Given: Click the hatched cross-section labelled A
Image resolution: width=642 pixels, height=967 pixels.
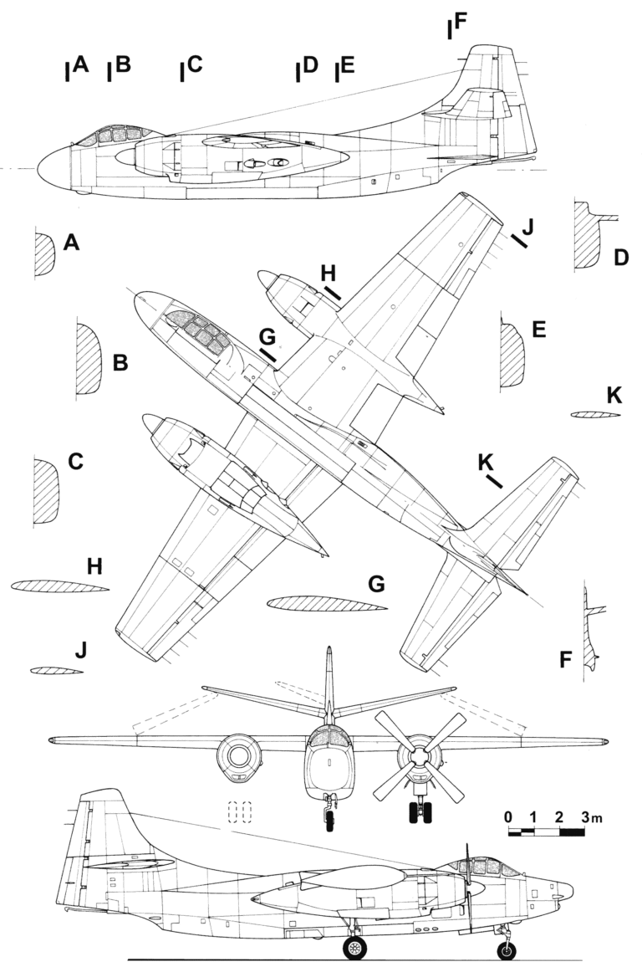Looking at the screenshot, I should [44, 253].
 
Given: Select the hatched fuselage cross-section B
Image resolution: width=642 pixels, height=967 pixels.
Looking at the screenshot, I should [88, 359].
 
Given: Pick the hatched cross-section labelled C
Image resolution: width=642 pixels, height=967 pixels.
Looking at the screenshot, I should [45, 490].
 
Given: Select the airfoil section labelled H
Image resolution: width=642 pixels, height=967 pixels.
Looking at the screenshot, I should [59, 586].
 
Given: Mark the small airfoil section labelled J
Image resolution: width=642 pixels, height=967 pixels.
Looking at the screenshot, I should [56, 671].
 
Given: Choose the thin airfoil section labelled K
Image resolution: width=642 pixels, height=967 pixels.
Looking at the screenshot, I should [595, 414].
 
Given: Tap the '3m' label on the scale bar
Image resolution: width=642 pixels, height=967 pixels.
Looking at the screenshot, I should [592, 816].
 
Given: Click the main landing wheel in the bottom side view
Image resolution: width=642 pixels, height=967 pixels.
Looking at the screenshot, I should [356, 947].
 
